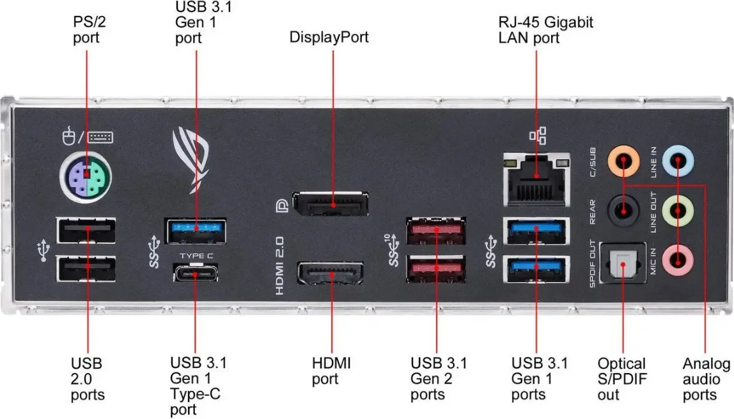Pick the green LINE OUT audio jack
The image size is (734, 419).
pyautogui.click(x=679, y=209)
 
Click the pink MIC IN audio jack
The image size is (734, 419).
pyautogui.click(x=679, y=259)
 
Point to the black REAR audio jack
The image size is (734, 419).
pyautogui.click(x=623, y=209)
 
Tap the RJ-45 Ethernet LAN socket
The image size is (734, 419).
pyautogui.click(x=536, y=181)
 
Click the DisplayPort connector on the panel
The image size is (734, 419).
pyautogui.click(x=330, y=202)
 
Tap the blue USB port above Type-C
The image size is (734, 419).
pyautogui.click(x=196, y=230)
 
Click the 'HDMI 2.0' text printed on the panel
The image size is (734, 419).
pyautogui.click(x=279, y=265)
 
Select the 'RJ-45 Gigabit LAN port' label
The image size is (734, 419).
pyautogui.click(x=545, y=30)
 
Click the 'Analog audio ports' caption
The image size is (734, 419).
pyautogui.click(x=706, y=379)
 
